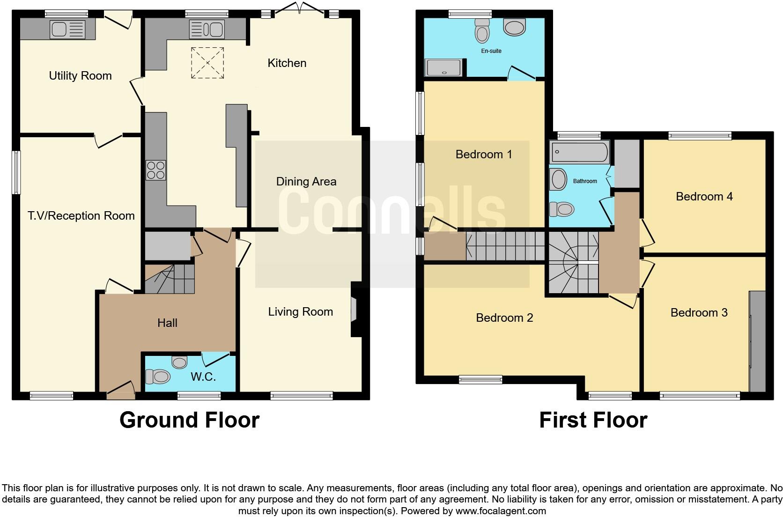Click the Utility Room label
coord(80,76)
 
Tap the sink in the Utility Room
coord(67,30)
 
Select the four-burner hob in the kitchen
coord(156,170)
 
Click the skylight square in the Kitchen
coord(207,63)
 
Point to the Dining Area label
coord(306,182)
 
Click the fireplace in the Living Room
coord(355,309)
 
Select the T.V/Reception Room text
coord(81,216)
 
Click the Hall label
coord(167,323)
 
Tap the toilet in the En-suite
coord(481,30)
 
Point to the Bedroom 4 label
coord(704,197)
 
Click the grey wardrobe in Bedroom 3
coord(757,341)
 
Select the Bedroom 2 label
coord(504,318)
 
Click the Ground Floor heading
coord(189,420)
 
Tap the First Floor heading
coord(593,420)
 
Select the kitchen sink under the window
coord(207,30)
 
